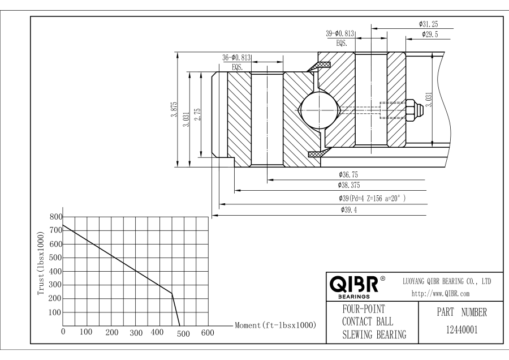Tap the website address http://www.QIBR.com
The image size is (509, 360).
[434, 293]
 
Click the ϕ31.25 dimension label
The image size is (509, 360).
[429, 24]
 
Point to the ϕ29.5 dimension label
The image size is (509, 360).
[432, 35]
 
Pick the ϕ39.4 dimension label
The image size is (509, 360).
[348, 210]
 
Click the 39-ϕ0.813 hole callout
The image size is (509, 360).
[340, 34]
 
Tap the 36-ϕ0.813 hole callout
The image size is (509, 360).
[236, 57]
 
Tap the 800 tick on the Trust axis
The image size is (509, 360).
[55, 217]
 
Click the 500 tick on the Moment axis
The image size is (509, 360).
[183, 333]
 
